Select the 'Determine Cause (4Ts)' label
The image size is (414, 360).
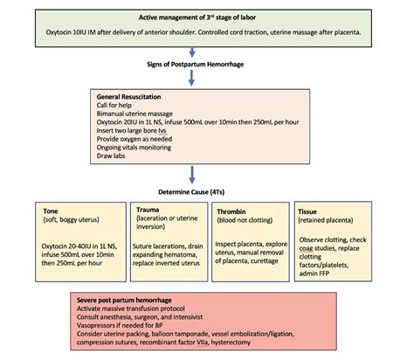click(204, 195)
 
